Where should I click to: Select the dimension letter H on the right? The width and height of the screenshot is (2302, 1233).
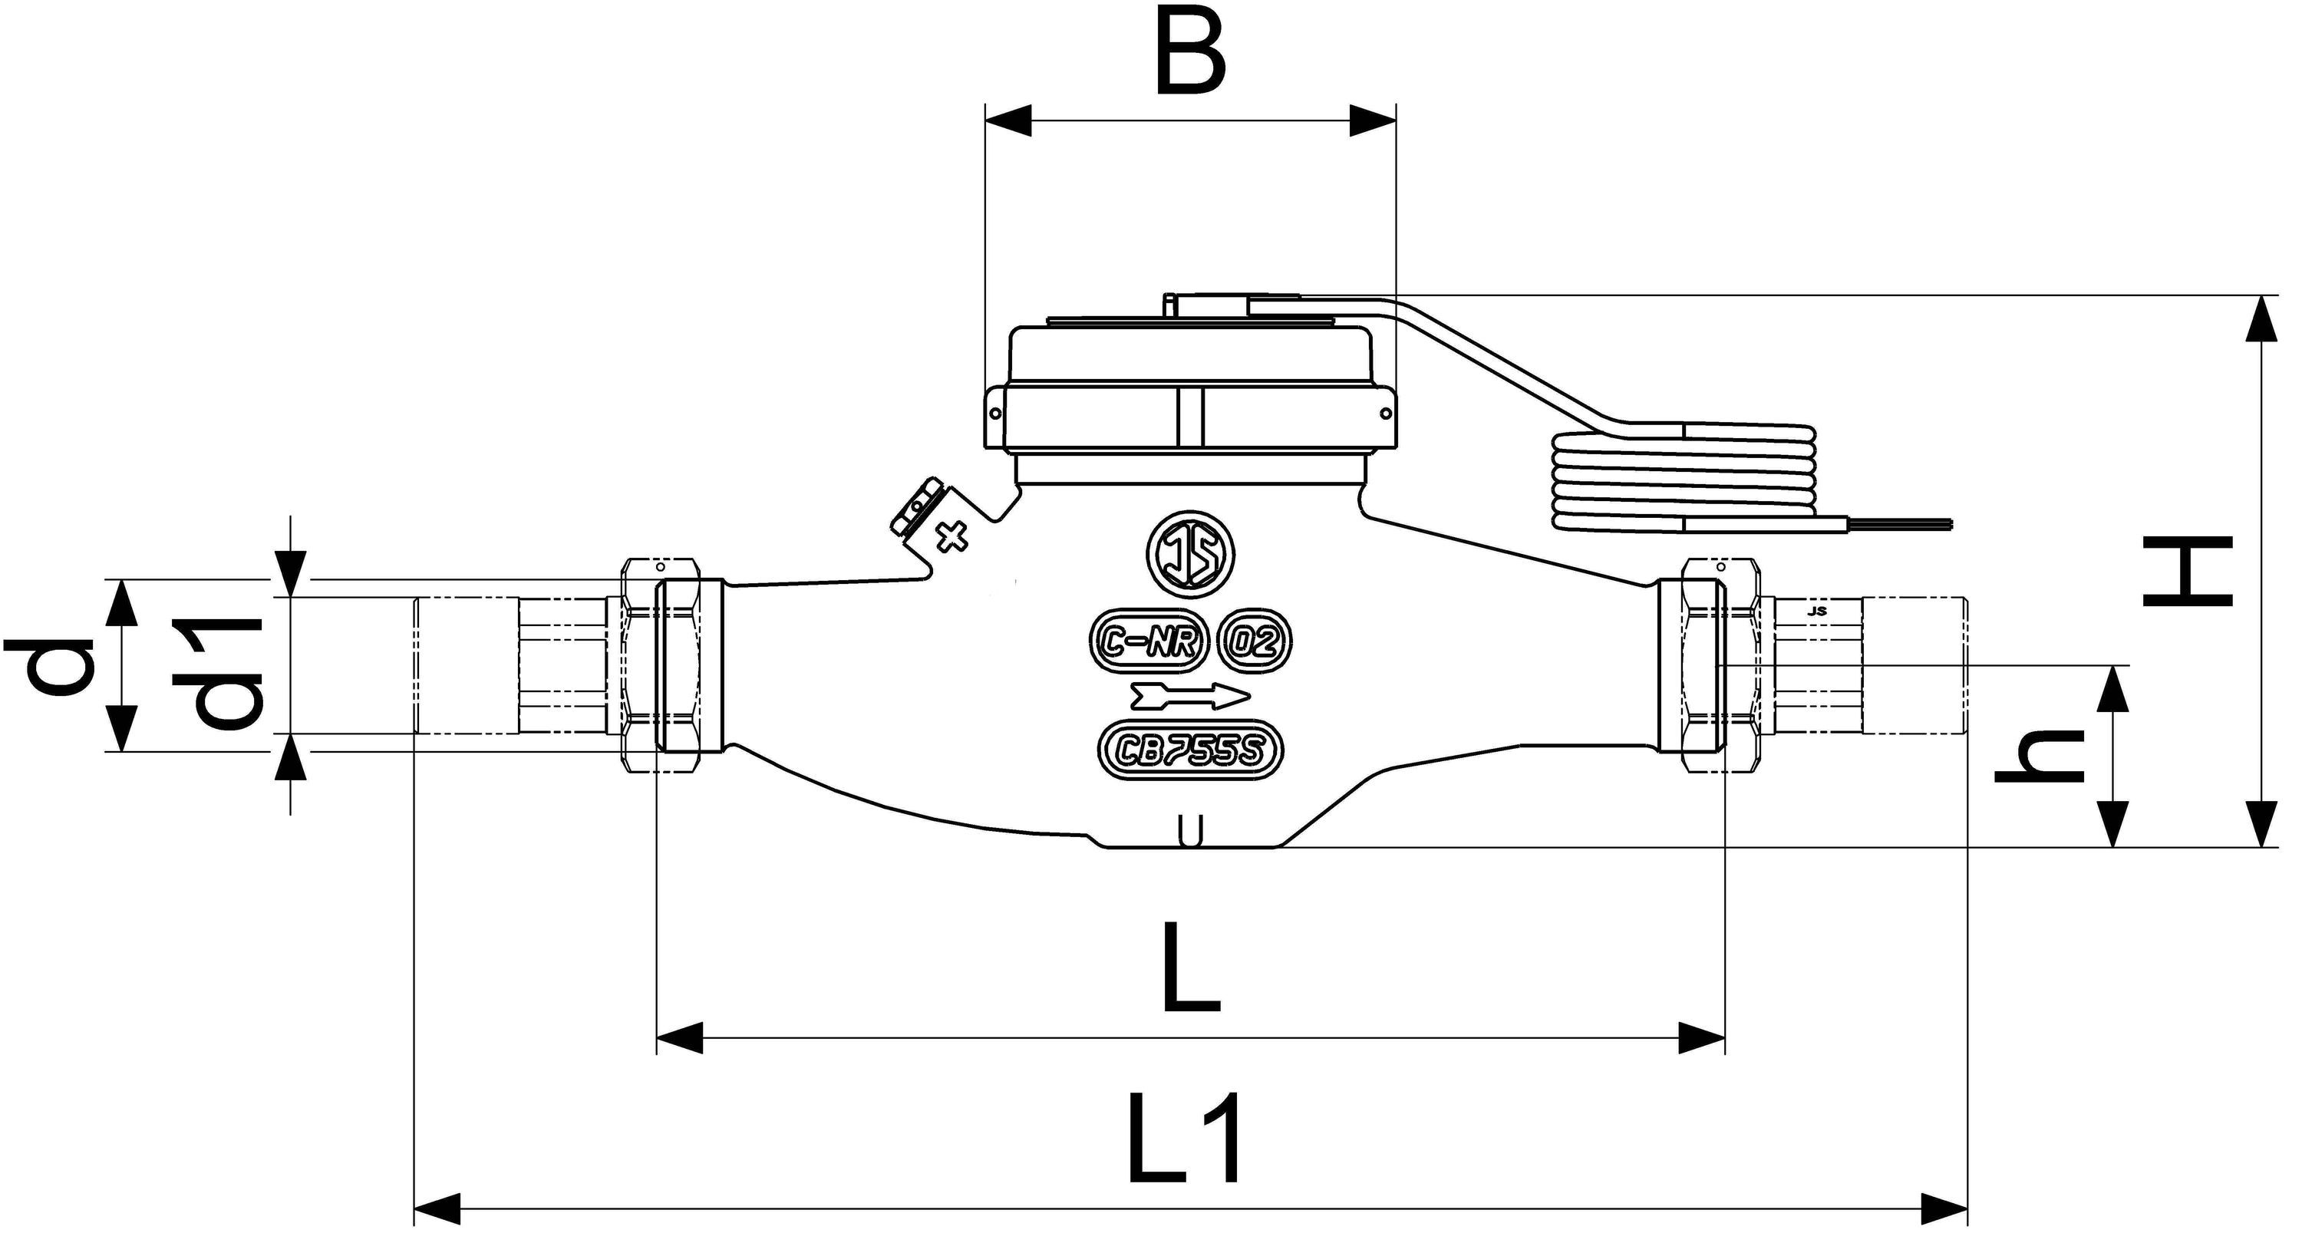pyautogui.click(x=2187, y=571)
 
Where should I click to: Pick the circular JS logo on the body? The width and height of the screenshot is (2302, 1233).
pyautogui.click(x=1190, y=555)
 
